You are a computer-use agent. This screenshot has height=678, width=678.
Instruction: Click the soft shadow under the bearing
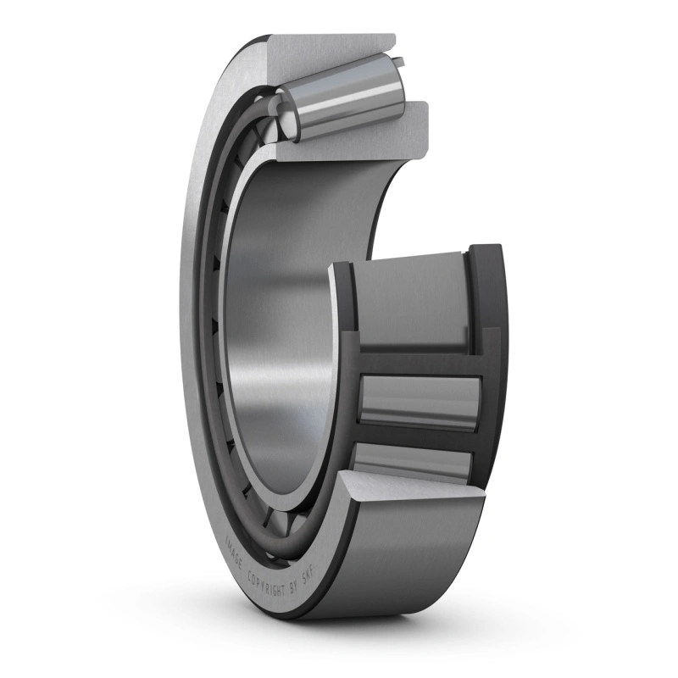coord(339,644)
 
